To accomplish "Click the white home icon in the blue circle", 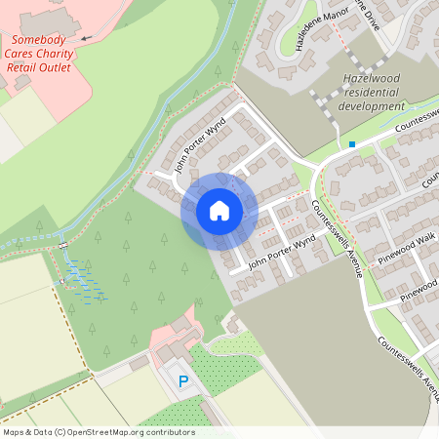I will pyautogui.click(x=219, y=210).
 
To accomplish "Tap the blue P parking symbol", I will pyautogui.click(x=181, y=380).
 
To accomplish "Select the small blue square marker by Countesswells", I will pyautogui.click(x=351, y=144).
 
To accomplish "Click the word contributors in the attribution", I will pyautogui.click(x=167, y=431).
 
